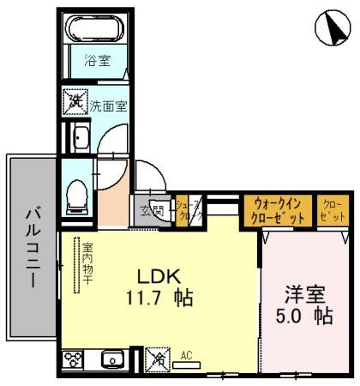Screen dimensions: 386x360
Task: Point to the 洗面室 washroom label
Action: coord(109,106)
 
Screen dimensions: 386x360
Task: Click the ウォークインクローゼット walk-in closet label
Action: coord(278,211)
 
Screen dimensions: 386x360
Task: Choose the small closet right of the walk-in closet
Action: coord(331,211)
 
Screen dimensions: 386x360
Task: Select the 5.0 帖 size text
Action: coord(305,316)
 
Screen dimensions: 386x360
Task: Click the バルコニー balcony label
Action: coord(32,248)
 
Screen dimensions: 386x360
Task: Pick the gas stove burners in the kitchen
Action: coord(72,359)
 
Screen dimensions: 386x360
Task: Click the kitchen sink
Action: coord(111,359)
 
